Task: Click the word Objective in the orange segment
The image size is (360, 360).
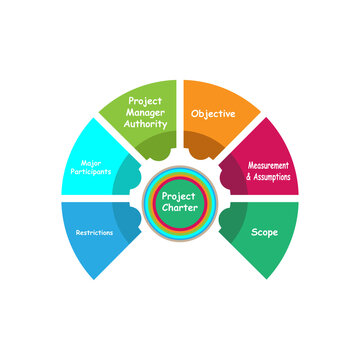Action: pos(213,114)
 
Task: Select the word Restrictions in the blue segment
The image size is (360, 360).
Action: pos(94,232)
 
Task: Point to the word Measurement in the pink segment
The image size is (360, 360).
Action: pos(270,165)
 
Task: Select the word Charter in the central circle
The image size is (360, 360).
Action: pos(180,208)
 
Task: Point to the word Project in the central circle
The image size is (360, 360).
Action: pos(180,196)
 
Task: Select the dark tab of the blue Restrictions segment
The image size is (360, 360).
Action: pos(128,219)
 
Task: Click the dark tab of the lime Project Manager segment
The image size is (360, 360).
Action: pos(158,148)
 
